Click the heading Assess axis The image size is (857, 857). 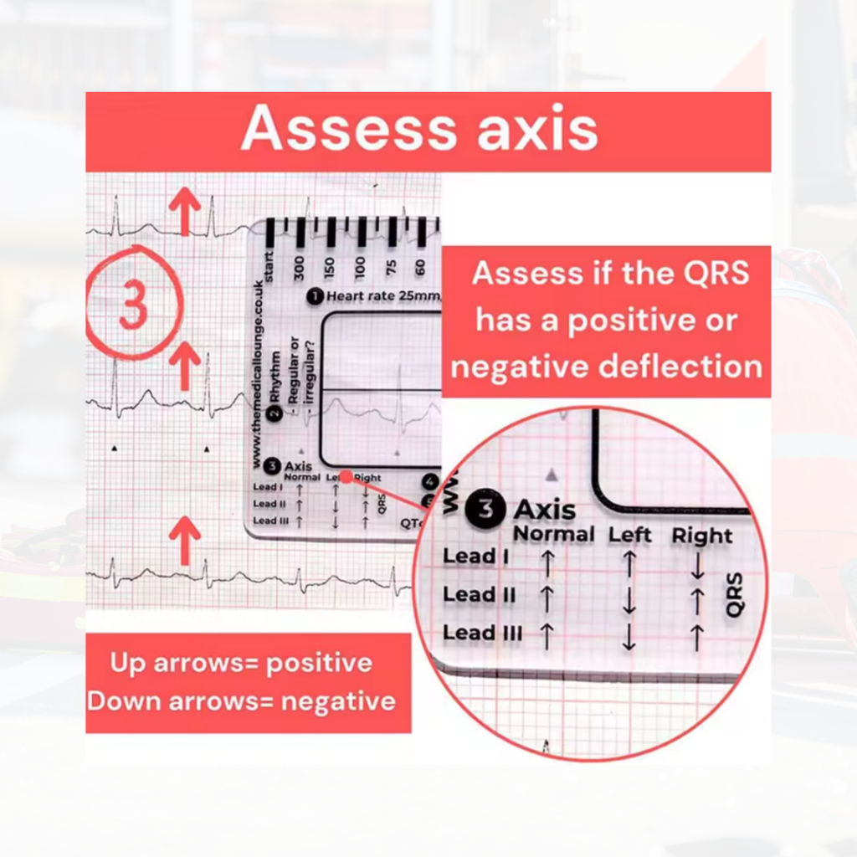419,130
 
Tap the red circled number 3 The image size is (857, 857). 133,303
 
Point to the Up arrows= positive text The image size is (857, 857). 242,663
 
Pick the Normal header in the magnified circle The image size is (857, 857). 553,534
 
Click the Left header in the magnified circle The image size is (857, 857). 630,535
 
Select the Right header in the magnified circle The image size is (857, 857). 701,536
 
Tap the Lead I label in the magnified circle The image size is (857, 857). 475,556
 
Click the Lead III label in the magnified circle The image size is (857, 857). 482,633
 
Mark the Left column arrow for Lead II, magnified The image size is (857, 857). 629,600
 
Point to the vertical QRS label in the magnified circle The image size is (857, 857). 735,595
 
